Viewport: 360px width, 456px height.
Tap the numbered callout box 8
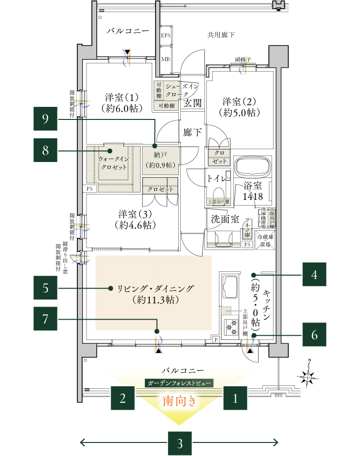(x=45, y=151)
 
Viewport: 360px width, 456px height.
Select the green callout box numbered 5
(x=45, y=289)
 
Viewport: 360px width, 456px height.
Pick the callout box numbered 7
(x=45, y=320)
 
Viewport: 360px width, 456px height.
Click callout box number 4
(x=314, y=275)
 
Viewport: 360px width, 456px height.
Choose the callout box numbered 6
(x=314, y=335)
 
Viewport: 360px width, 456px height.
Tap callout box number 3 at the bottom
(x=179, y=442)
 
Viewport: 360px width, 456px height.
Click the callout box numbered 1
(x=235, y=399)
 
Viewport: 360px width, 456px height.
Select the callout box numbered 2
(x=123, y=399)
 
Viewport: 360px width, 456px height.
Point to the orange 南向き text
(x=179, y=400)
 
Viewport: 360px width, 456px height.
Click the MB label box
(x=166, y=59)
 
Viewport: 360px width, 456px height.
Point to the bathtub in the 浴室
(x=251, y=168)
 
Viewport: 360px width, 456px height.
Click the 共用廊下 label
(x=221, y=35)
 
